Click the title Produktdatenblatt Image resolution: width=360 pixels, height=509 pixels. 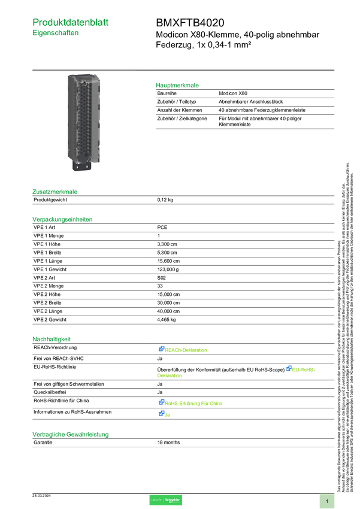71,22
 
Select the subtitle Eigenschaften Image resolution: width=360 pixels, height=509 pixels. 56,34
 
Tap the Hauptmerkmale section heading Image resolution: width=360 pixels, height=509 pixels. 177,86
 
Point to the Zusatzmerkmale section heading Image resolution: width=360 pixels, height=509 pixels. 55,192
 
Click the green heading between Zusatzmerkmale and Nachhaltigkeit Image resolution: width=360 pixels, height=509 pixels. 62,219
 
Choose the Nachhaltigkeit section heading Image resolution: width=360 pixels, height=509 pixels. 52,339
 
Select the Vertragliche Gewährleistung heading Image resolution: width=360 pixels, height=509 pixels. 70,434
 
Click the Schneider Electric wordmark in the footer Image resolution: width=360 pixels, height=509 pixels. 173,500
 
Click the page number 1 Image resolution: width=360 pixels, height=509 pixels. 327,501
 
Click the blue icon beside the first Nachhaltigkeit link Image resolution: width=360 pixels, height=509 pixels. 161,349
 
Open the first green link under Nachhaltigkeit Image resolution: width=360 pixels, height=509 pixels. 186,350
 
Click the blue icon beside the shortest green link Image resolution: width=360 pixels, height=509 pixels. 161,413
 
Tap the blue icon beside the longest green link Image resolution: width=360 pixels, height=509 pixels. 161,402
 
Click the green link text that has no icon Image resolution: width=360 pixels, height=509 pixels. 170,376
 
